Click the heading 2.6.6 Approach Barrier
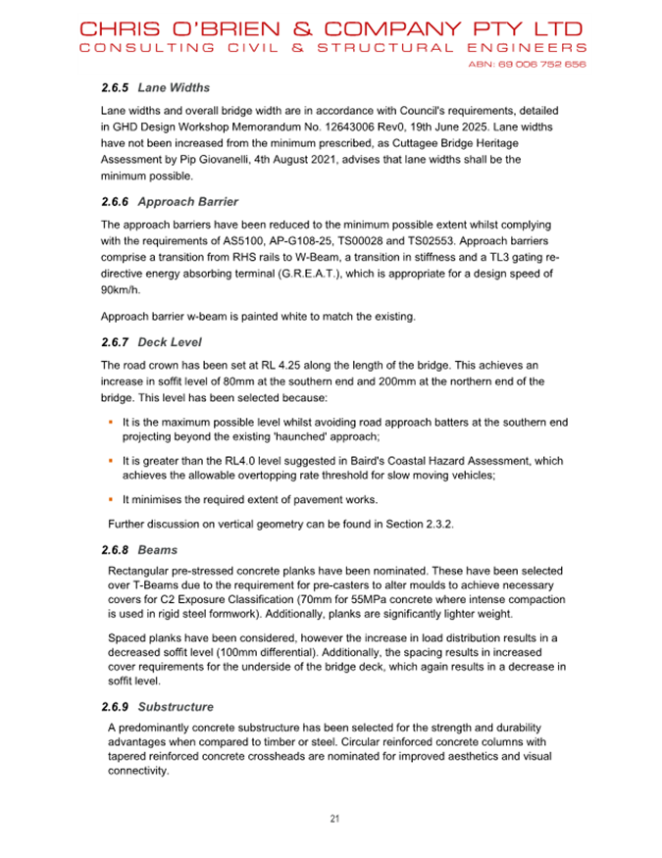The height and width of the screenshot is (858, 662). tap(170, 202)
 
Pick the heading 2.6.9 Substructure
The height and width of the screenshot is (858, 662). tap(157, 706)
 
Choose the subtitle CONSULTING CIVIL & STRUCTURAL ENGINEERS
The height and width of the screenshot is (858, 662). tap(332, 47)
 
